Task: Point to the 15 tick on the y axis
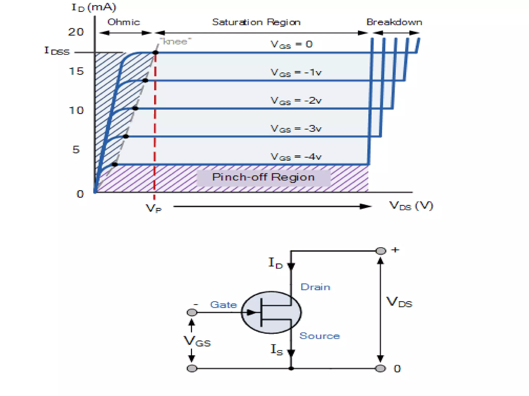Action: [76, 71]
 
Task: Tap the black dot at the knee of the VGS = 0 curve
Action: [155, 53]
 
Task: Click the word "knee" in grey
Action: [175, 42]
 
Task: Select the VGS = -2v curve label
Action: [296, 101]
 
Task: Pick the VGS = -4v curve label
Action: [296, 157]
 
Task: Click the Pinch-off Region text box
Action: [263, 177]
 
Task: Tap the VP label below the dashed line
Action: [153, 208]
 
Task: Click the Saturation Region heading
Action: [256, 22]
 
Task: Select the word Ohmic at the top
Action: [123, 22]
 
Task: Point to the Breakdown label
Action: [394, 22]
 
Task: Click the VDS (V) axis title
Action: [411, 206]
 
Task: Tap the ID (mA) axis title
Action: [94, 7]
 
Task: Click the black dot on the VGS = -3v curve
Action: [126, 136]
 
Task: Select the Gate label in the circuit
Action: [224, 305]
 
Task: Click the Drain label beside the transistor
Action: [315, 287]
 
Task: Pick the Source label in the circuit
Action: [320, 336]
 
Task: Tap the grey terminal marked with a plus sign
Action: [380, 251]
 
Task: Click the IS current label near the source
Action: [277, 350]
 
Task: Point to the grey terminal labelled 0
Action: [380, 368]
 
